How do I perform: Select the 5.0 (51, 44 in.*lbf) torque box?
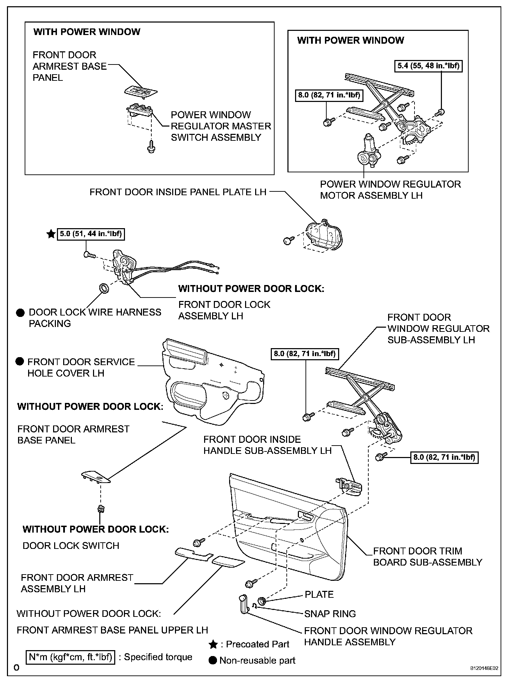(91, 234)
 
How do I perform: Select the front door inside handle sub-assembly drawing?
(349, 485)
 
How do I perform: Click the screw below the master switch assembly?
(151, 146)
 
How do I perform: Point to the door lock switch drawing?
(101, 509)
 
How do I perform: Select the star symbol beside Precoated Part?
(213, 645)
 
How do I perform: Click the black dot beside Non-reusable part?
(213, 661)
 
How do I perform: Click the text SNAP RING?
(330, 614)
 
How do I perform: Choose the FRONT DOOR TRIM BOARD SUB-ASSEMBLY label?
(427, 557)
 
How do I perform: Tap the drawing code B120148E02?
(484, 668)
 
